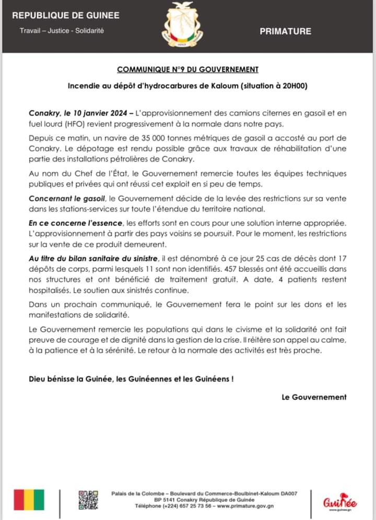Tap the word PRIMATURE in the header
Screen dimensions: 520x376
(285, 31)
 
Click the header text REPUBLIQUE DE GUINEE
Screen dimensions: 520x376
(66, 16)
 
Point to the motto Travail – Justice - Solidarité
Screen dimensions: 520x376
(62, 31)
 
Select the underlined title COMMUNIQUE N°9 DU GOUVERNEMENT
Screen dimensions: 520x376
(187, 69)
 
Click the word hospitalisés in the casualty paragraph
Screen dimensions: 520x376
(52, 290)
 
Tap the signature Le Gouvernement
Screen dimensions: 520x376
(314, 397)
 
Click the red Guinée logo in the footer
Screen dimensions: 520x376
(340, 502)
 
